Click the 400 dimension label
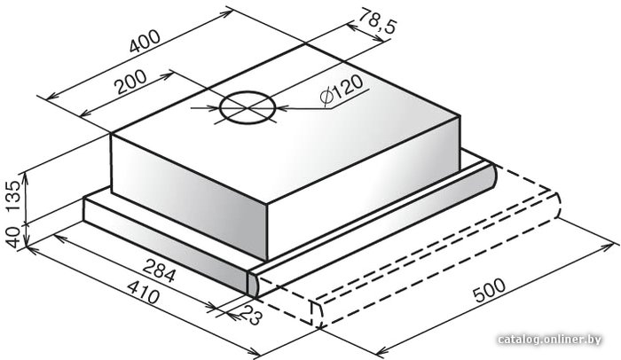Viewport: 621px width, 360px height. pyautogui.click(x=145, y=41)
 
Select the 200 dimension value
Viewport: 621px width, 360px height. pyautogui.click(x=130, y=82)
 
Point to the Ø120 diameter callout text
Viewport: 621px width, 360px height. pyautogui.click(x=341, y=91)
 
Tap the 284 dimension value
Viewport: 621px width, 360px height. pyautogui.click(x=159, y=271)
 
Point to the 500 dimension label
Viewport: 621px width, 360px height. pyautogui.click(x=489, y=290)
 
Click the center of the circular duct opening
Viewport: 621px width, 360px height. pyautogui.click(x=248, y=107)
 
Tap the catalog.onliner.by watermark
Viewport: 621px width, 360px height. pyautogui.click(x=550, y=340)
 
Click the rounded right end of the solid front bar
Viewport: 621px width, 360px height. pyautogui.click(x=489, y=176)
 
